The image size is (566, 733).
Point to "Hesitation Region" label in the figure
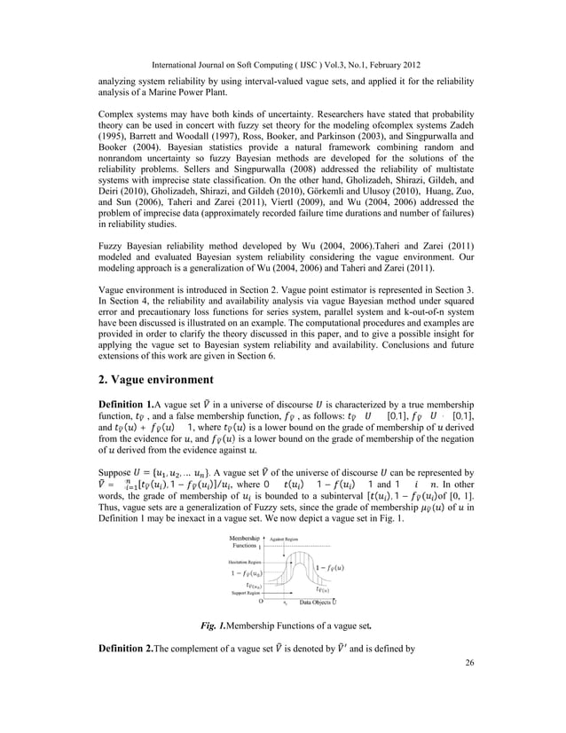click(245, 563)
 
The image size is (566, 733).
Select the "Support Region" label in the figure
click(246, 592)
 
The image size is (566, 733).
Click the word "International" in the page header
click(182, 67)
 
